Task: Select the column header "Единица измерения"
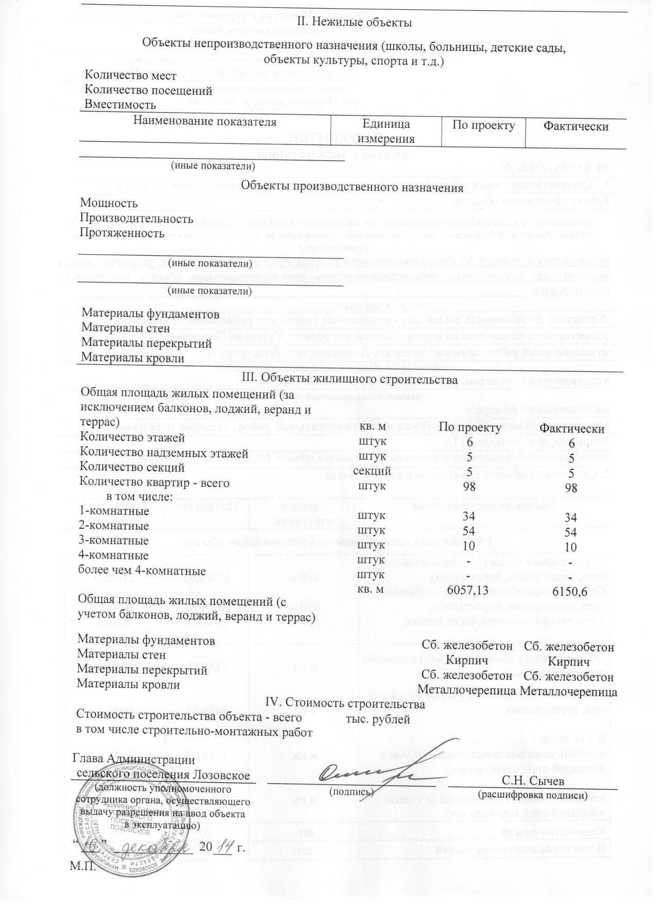[386, 131]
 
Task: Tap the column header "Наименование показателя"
[205, 122]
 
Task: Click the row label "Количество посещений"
[148, 90]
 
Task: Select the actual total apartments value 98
[570, 487]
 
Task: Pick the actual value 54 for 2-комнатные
[570, 532]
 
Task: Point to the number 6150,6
[570, 590]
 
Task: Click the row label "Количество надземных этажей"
[164, 453]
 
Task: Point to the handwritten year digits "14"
[223, 848]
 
